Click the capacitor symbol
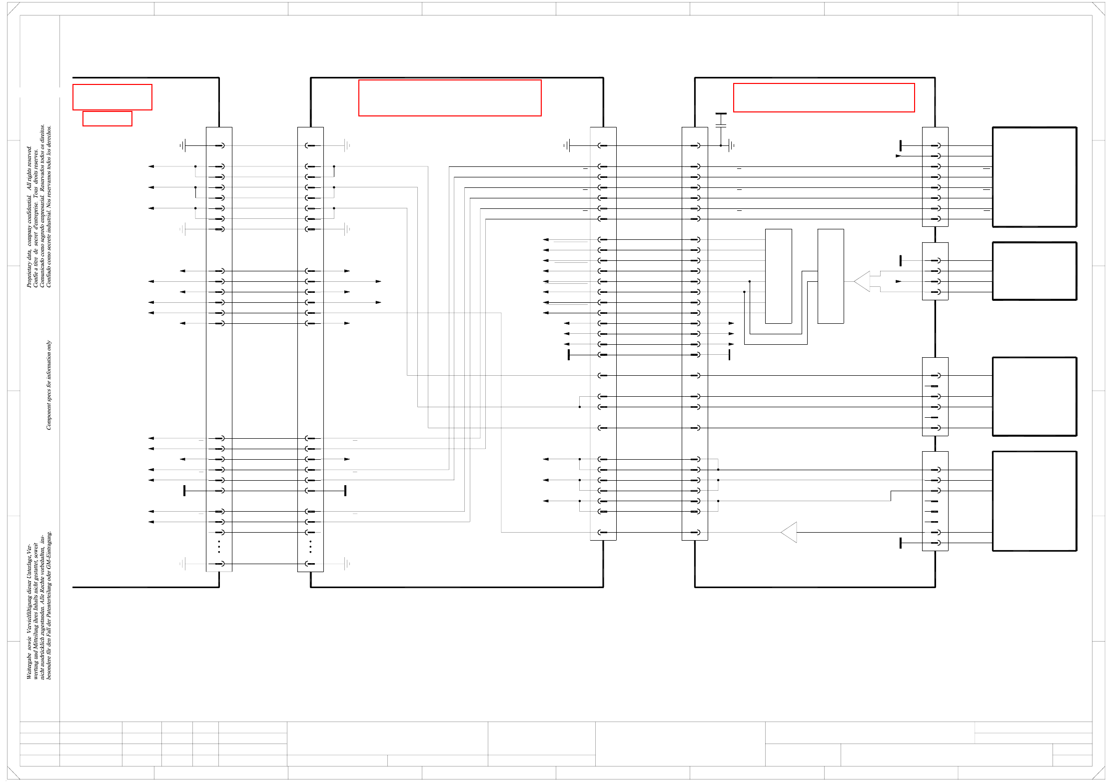[x=721, y=120]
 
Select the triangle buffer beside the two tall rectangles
[x=863, y=281]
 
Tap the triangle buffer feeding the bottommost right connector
[x=789, y=532]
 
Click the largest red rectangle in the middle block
[x=450, y=98]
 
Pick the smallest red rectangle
[x=107, y=118]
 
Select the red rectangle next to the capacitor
[x=824, y=98]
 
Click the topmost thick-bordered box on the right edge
[x=1034, y=177]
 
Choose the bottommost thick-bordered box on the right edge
[x=1034, y=501]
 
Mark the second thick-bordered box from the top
[x=1034, y=271]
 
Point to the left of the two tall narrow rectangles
[x=778, y=276]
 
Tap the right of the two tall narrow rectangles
[x=831, y=276]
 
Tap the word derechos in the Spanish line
[x=48, y=135]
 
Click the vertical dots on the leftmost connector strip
[x=219, y=547]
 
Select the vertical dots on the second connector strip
[x=310, y=547]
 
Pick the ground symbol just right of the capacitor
[x=731, y=145]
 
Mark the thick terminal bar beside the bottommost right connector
[x=901, y=543]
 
